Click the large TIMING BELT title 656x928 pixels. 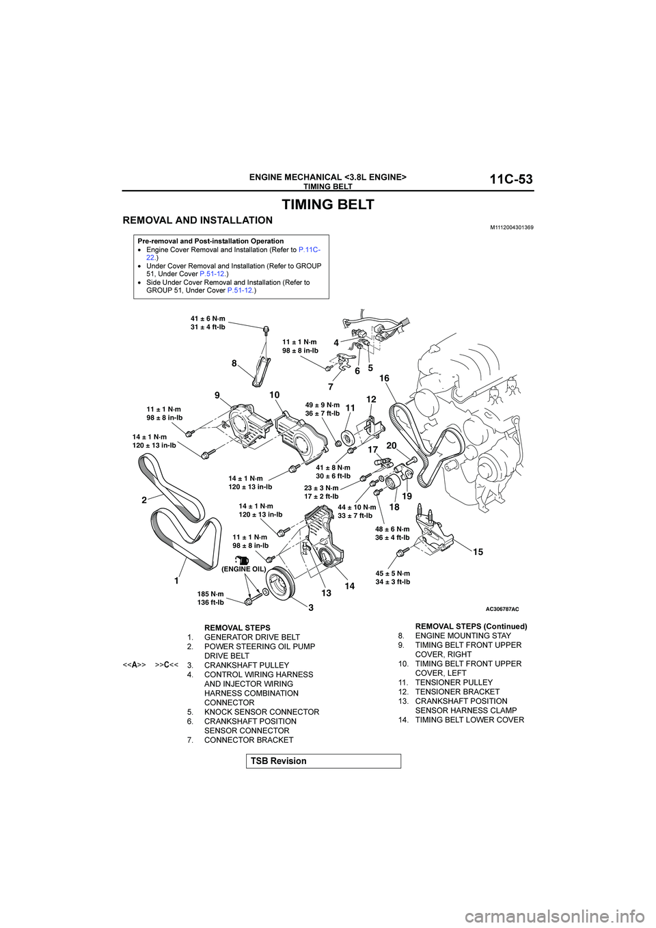point(328,204)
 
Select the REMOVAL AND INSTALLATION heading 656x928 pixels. point(197,221)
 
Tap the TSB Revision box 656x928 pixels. point(323,761)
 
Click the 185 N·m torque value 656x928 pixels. point(210,595)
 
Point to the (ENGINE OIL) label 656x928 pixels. point(243,569)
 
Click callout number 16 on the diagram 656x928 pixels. point(384,379)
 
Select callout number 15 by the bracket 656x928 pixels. point(478,552)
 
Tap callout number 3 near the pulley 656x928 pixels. point(310,608)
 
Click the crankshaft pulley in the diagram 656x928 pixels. point(279,587)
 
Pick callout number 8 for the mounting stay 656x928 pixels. point(234,364)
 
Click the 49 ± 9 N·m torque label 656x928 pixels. point(323,405)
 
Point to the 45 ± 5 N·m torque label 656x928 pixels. point(393,574)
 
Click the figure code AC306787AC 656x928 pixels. point(502,609)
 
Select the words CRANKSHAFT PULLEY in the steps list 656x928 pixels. point(247,666)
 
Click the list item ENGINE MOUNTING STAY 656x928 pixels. point(463,636)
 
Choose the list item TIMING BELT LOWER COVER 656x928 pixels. point(469,720)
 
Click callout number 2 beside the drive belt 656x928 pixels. point(144,500)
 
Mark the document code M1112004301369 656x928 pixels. point(511,228)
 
